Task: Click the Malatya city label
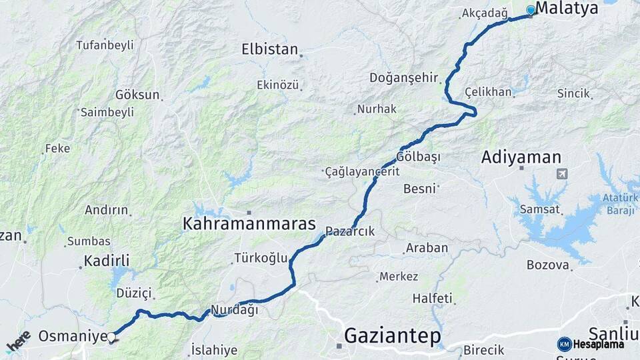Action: tap(567, 9)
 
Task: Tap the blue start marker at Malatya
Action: tap(531, 10)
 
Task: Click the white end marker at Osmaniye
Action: tap(111, 337)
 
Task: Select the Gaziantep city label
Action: tap(393, 336)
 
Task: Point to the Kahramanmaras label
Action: tap(249, 224)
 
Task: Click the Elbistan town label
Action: tap(269, 49)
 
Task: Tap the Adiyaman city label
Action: tap(521, 157)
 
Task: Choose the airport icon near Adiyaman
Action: tap(562, 174)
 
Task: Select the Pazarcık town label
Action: tap(351, 231)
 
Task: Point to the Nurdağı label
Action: tap(234, 309)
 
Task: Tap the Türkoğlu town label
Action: tap(261, 258)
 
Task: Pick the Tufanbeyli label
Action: tap(105, 45)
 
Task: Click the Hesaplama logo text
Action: tap(598, 344)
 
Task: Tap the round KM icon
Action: tap(564, 344)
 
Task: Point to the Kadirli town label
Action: tap(107, 260)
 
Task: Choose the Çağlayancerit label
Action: tap(362, 171)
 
